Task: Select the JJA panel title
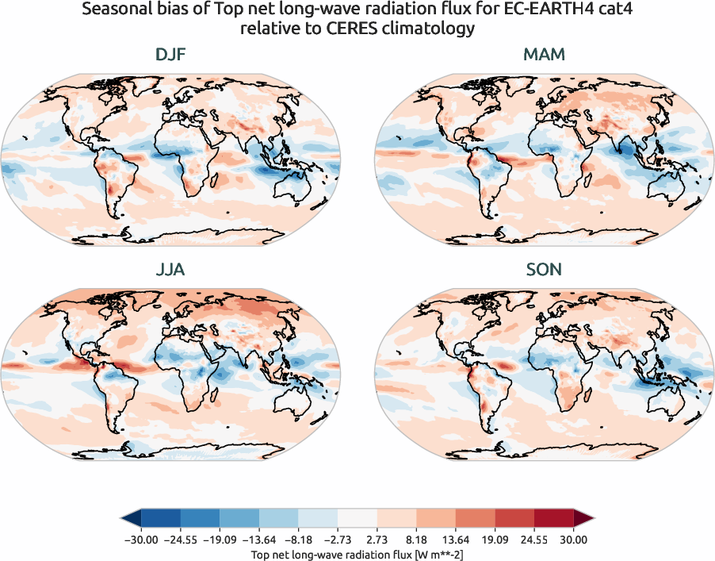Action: [x=170, y=270]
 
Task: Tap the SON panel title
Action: [x=544, y=270]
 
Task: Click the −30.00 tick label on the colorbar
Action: [x=141, y=539]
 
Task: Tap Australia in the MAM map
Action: [x=665, y=190]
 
